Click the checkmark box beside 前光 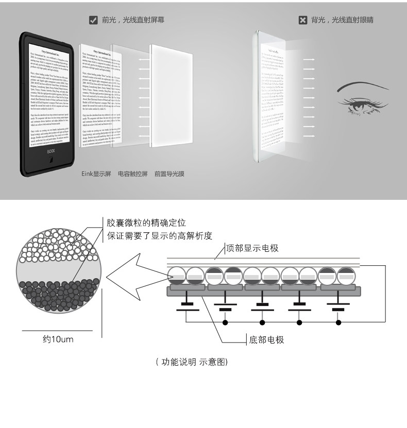93,21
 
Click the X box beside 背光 303,21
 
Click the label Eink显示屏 96,174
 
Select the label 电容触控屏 132,174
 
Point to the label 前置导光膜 169,174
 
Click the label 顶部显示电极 252,248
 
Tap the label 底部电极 266,340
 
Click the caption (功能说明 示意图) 192,362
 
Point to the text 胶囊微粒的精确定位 146,223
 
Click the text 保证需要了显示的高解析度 159,236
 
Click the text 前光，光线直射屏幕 133,21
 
